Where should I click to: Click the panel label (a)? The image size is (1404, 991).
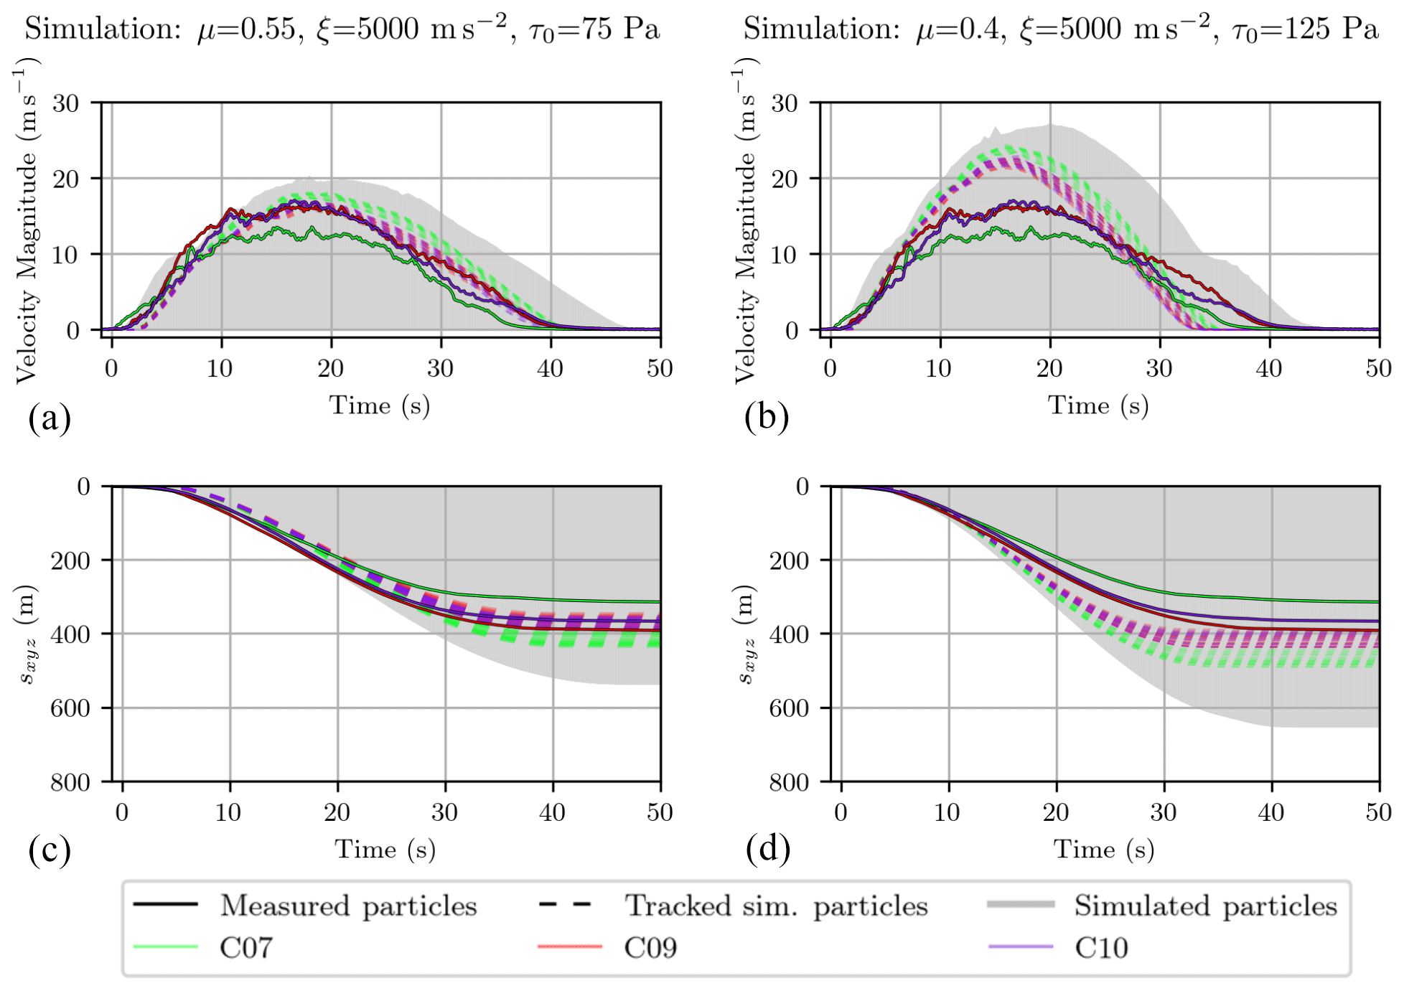point(50,418)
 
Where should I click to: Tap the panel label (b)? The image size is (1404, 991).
point(767,418)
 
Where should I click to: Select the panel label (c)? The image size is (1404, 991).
point(50,850)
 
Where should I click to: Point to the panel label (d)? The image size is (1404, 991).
point(768,850)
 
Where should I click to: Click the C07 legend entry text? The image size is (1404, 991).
point(246,948)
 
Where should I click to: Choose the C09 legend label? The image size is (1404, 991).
point(650,948)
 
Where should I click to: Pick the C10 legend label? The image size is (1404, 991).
point(1101,948)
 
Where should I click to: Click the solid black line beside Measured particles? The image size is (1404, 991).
point(166,904)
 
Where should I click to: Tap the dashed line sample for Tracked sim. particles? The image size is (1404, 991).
point(565,904)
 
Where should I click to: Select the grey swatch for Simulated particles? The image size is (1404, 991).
point(1020,904)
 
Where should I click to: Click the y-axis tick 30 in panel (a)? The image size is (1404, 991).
point(65,103)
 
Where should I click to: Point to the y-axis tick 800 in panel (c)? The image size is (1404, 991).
point(70,782)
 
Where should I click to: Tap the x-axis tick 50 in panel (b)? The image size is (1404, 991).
point(1378,369)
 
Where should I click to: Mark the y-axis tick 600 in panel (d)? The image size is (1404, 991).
point(789,708)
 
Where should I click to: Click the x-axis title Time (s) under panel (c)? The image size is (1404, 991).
point(385,850)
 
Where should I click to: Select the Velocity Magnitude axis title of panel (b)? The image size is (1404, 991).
point(746,222)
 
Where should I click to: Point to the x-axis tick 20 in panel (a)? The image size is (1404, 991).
point(331,369)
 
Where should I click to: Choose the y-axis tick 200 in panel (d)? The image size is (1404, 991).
point(789,560)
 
